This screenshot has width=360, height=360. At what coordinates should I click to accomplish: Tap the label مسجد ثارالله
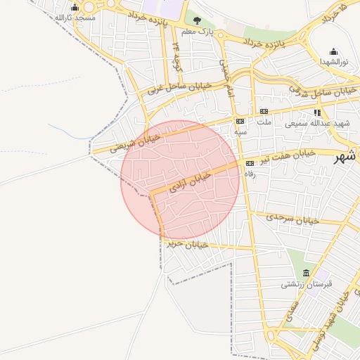(75, 18)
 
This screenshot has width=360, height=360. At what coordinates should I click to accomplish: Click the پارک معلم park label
(197, 32)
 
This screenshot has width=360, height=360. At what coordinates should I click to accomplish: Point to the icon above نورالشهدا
(333, 51)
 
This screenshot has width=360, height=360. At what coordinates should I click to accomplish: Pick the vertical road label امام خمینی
(227, 79)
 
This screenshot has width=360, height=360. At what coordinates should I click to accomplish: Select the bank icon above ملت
(264, 111)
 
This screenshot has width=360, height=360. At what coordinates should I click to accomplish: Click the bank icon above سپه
(240, 121)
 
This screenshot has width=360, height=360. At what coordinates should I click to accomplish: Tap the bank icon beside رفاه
(250, 163)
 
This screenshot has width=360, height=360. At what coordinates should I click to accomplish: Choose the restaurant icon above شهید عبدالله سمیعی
(318, 112)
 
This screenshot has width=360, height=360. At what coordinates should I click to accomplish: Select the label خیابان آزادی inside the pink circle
(191, 181)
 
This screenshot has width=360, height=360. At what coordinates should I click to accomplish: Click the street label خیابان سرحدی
(293, 219)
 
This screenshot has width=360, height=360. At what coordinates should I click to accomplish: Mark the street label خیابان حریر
(186, 244)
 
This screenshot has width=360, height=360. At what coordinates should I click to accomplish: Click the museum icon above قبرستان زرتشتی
(306, 273)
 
